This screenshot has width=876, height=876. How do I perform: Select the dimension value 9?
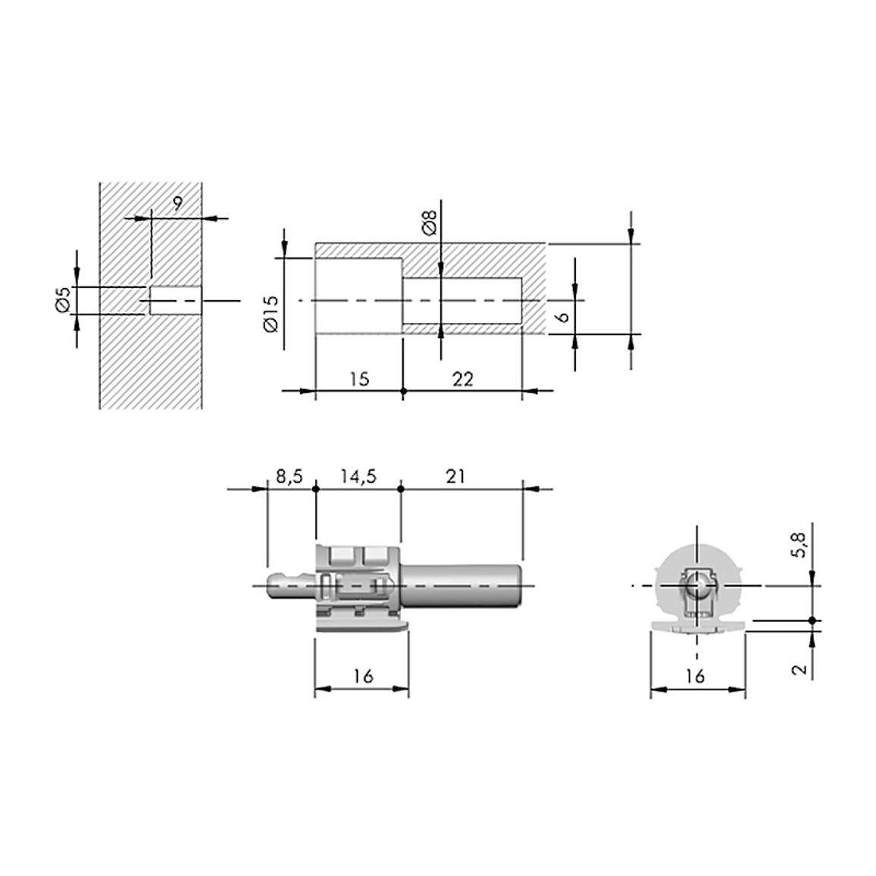[177, 203]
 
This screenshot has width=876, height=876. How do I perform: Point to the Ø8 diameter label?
[430, 221]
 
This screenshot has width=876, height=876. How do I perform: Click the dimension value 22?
[462, 380]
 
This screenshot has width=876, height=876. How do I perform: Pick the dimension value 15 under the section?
[360, 379]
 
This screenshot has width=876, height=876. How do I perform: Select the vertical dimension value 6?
[563, 317]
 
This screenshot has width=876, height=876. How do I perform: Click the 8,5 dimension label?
[289, 477]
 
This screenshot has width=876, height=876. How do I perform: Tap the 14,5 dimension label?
[358, 477]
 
